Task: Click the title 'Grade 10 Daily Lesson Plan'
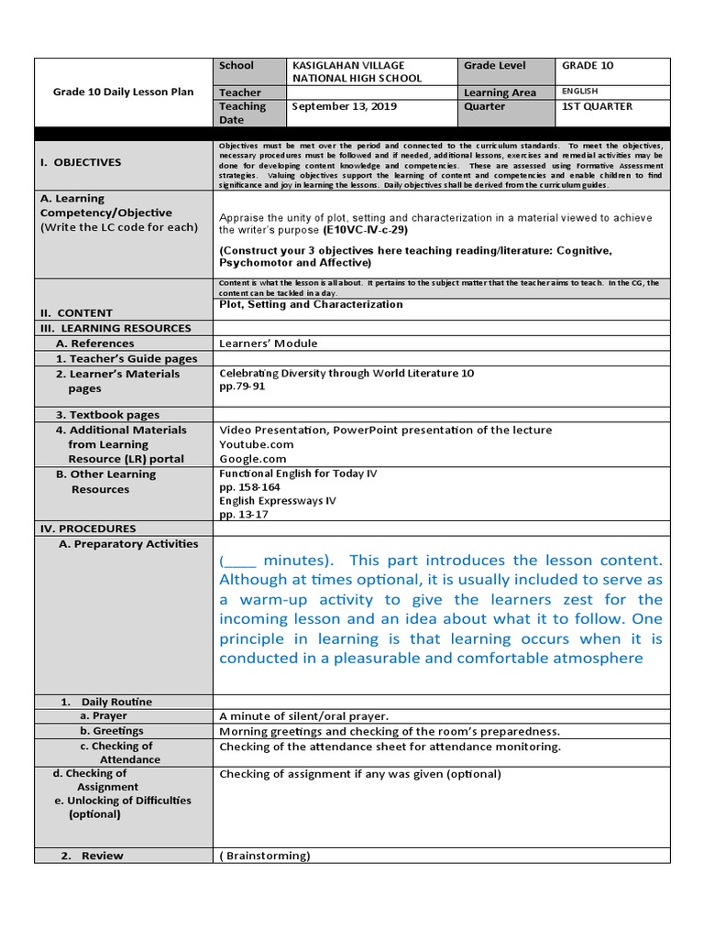click(123, 93)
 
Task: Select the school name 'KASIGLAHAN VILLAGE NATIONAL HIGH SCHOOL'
click(357, 71)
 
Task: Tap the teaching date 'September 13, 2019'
click(331, 106)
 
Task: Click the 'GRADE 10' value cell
click(588, 66)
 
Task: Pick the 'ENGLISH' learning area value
click(579, 92)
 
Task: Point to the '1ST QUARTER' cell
click(597, 106)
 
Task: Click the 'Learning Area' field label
click(500, 93)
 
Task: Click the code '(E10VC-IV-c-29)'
click(366, 231)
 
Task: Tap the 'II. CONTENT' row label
click(75, 312)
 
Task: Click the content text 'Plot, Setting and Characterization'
click(311, 304)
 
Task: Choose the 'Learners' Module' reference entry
click(269, 344)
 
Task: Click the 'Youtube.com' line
click(256, 444)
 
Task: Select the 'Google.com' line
click(253, 459)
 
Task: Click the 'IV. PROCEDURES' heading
click(87, 529)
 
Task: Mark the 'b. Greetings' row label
click(112, 731)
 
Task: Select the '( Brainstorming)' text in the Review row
click(265, 856)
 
